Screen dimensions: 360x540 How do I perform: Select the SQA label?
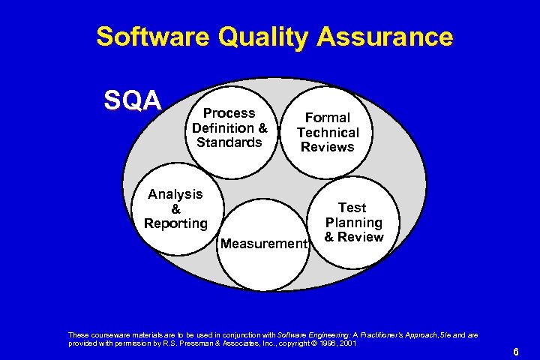[132, 100]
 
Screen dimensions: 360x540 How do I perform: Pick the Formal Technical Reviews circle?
[328, 132]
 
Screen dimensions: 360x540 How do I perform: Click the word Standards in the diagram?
[229, 142]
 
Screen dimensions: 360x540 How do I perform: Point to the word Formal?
[327, 118]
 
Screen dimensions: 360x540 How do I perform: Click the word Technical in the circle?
[328, 133]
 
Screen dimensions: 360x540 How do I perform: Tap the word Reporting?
[176, 223]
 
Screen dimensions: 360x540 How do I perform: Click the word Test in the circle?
[352, 208]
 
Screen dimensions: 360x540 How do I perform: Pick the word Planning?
[353, 223]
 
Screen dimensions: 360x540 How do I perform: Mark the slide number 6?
[515, 351]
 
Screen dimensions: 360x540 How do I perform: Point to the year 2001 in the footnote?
[346, 343]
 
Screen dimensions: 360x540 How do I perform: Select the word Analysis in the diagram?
[175, 194]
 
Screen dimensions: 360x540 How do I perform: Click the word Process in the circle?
[229, 113]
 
